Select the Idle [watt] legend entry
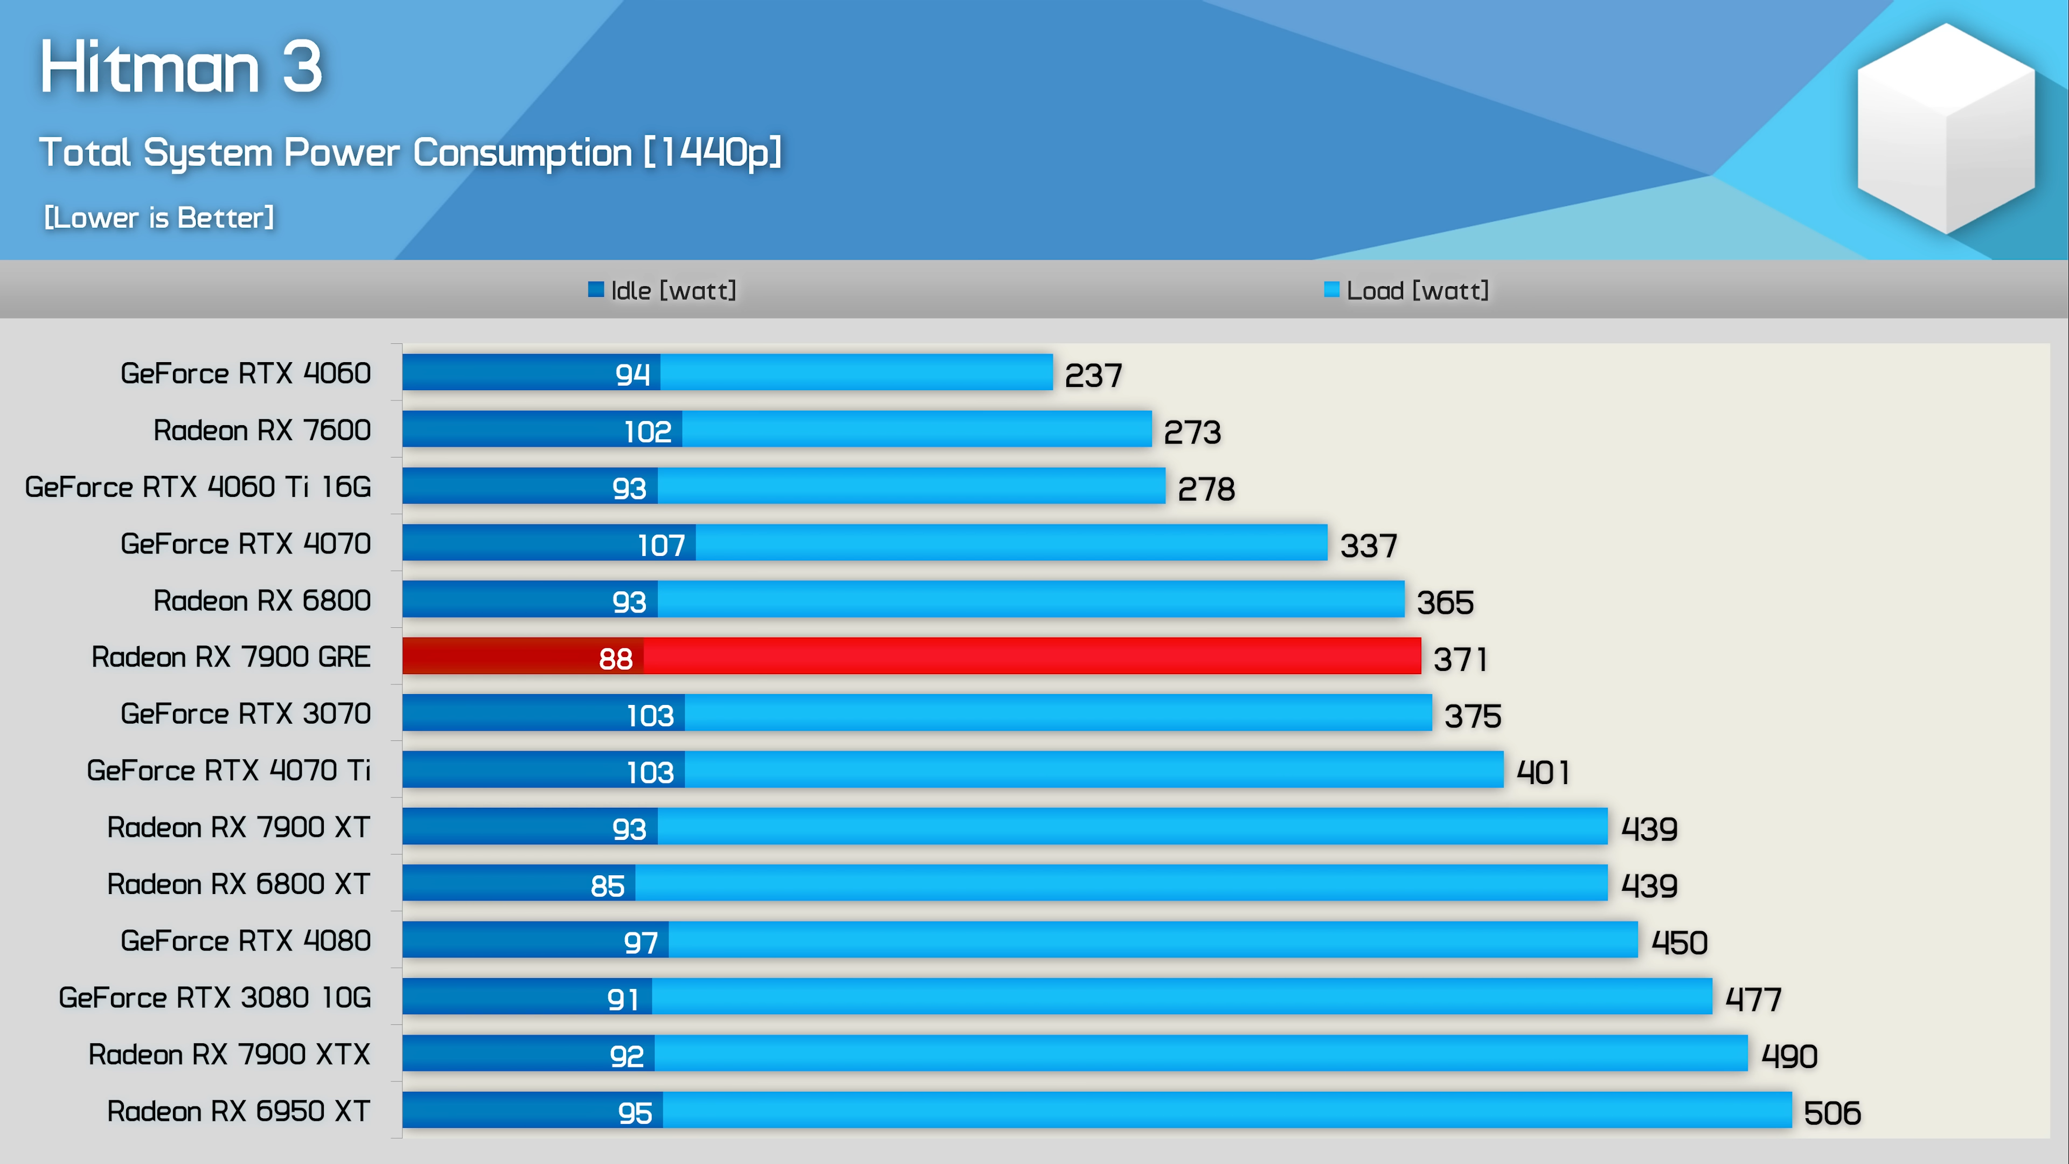point(663,290)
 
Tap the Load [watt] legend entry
point(1407,290)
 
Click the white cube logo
point(1945,129)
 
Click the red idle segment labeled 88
point(523,657)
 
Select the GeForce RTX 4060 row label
point(246,373)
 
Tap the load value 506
point(1831,1113)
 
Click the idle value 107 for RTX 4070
point(661,545)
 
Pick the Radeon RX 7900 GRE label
point(231,657)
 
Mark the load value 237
point(1093,375)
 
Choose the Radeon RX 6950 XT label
point(239,1111)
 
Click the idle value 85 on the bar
point(607,885)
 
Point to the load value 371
point(1460,660)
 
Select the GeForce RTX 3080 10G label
point(214,997)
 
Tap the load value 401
point(1542,773)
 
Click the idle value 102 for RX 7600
point(647,432)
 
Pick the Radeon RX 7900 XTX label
point(229,1054)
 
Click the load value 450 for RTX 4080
point(1679,943)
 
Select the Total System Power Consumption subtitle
point(409,152)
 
